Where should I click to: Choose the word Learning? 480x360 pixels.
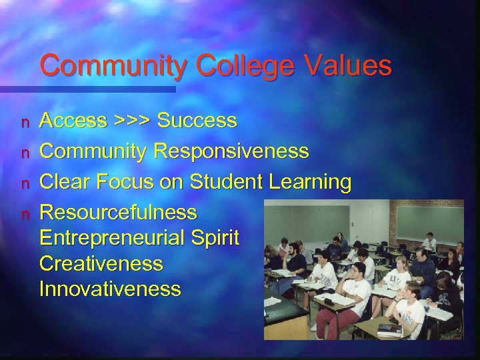tap(313, 182)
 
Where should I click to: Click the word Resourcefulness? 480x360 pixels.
tap(118, 213)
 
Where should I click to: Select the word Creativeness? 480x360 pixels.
tap(101, 263)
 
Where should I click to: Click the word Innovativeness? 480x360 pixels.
tap(109, 289)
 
